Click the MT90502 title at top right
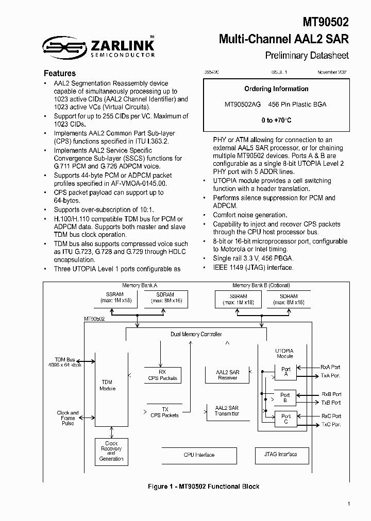[326, 22]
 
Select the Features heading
[60, 73]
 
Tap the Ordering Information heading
[276, 89]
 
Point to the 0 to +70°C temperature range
[276, 120]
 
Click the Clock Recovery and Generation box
[111, 451]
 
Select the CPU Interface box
[199, 455]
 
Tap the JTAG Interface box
[280, 454]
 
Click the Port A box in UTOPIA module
[285, 372]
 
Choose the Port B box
[285, 398]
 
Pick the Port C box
[285, 419]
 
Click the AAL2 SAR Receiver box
[227, 375]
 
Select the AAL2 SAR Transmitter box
[227, 410]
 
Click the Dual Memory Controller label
[196, 334]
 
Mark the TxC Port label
[331, 424]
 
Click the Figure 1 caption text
[204, 487]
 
